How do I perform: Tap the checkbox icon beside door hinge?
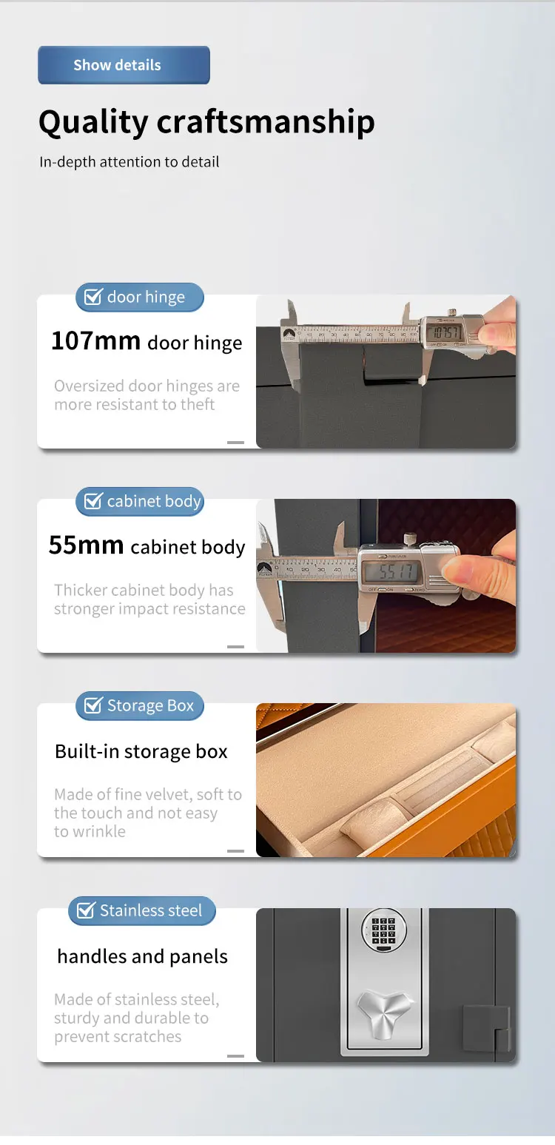pyautogui.click(x=93, y=297)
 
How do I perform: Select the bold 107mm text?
pyautogui.click(x=95, y=341)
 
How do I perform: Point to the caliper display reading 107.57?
pyautogui.click(x=447, y=332)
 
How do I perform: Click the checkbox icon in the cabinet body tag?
pyautogui.click(x=93, y=502)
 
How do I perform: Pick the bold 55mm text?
pyautogui.click(x=86, y=545)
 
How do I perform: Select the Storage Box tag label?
pyautogui.click(x=150, y=706)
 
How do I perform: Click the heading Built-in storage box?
pyautogui.click(x=141, y=751)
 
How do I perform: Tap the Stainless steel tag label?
pyautogui.click(x=150, y=910)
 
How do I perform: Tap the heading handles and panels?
pyautogui.click(x=142, y=956)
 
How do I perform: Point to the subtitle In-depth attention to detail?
pyautogui.click(x=129, y=161)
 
